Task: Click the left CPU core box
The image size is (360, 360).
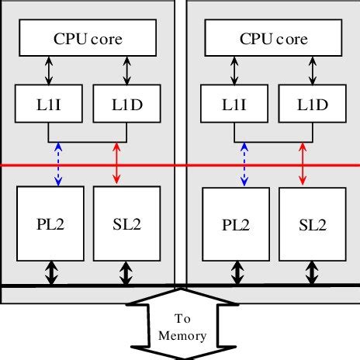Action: tap(88, 38)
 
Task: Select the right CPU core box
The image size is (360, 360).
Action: tap(273, 38)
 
